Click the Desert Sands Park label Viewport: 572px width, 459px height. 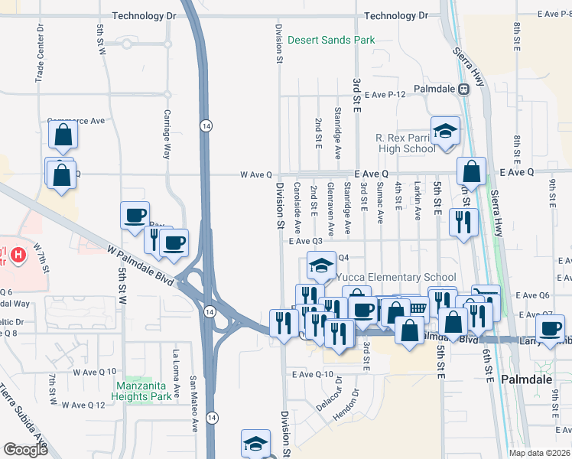330,39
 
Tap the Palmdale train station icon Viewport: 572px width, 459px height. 463,89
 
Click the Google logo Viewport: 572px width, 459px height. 25,450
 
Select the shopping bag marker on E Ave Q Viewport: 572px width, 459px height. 472,171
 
